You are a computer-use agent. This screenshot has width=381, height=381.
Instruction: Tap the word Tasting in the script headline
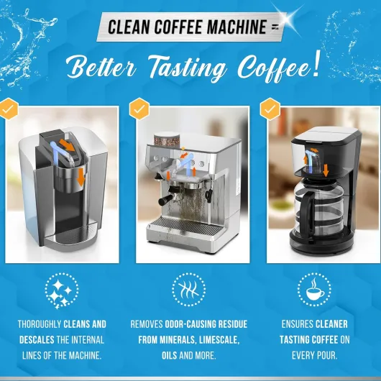(187, 68)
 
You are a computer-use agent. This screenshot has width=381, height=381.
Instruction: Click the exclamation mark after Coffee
(316, 64)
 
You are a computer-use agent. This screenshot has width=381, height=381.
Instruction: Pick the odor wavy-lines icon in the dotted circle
(189, 290)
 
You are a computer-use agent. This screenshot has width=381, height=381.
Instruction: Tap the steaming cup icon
(314, 290)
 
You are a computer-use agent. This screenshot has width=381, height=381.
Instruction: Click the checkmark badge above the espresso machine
(139, 109)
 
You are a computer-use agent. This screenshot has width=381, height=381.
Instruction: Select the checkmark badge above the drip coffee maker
(270, 109)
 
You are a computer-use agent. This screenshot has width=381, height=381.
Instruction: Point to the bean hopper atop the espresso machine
(167, 139)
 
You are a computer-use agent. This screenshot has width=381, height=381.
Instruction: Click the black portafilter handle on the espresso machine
(166, 201)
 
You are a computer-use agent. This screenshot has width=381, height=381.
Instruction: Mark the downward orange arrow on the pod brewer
(81, 178)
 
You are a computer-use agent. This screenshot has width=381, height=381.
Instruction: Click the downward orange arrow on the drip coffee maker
(326, 170)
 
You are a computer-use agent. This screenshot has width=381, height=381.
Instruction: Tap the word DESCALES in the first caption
(37, 340)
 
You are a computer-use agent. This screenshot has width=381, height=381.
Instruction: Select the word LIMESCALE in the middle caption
(219, 340)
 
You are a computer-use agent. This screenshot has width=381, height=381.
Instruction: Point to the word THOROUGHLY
(40, 324)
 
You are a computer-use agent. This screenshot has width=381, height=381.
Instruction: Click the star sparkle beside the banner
(288, 17)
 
